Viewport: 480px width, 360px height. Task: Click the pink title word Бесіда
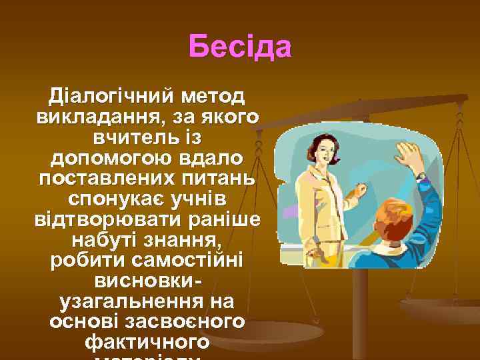coord(240,47)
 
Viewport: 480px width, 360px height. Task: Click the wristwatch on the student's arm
coord(421,176)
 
